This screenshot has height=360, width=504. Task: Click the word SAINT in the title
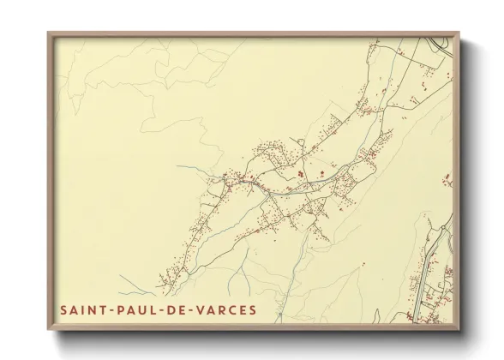[x=84, y=306]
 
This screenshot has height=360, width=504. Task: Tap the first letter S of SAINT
[x=63, y=306]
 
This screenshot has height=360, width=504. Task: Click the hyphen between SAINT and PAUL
[x=115, y=307]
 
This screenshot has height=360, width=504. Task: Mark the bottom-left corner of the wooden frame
[x=49, y=329]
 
